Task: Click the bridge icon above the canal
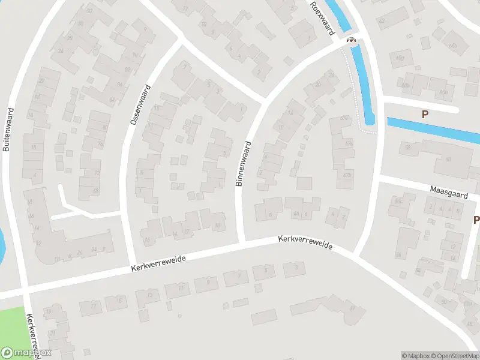(x=351, y=40)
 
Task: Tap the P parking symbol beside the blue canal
(x=425, y=114)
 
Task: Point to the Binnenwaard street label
(x=242, y=163)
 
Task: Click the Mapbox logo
(x=26, y=353)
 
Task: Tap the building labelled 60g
(x=400, y=58)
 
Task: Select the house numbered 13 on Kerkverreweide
(x=149, y=295)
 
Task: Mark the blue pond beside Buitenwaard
(x=2, y=243)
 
